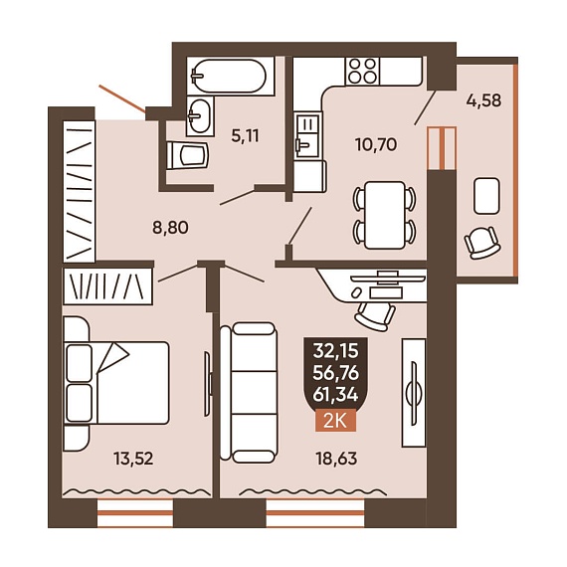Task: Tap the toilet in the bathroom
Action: pos(188,155)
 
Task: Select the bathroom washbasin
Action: pos(200,115)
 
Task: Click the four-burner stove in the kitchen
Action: pos(363,72)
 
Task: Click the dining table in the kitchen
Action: pos(384,215)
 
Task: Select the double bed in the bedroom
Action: pos(116,383)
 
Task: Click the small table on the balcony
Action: pos(487,196)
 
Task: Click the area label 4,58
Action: pos(483,100)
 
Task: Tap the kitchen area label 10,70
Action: pos(376,144)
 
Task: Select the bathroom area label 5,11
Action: pos(245,136)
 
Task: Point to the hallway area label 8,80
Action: pos(170,228)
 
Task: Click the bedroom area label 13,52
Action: pos(133,459)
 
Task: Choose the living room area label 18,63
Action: pos(336,459)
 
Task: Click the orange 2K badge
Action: pos(335,422)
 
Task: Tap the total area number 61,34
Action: pos(335,395)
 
